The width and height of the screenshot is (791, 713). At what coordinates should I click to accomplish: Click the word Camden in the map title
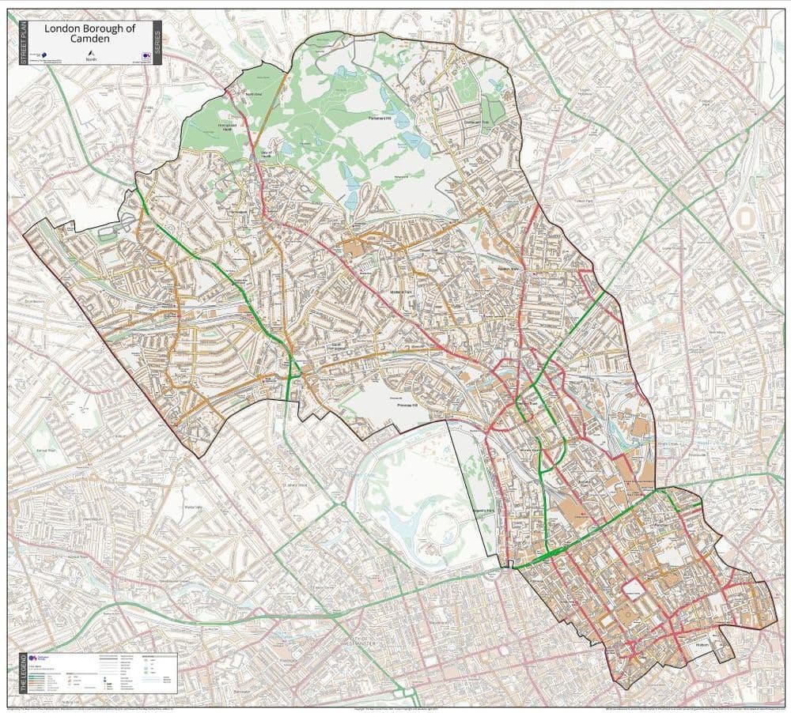[89, 39]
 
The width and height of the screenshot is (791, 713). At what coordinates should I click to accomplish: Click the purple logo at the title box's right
[145, 55]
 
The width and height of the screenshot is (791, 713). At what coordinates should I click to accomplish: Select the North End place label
[252, 94]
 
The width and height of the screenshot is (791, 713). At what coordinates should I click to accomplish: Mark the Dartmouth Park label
[471, 123]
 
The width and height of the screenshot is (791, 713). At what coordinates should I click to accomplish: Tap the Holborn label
[702, 643]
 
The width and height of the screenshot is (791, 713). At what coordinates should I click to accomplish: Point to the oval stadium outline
[744, 217]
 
